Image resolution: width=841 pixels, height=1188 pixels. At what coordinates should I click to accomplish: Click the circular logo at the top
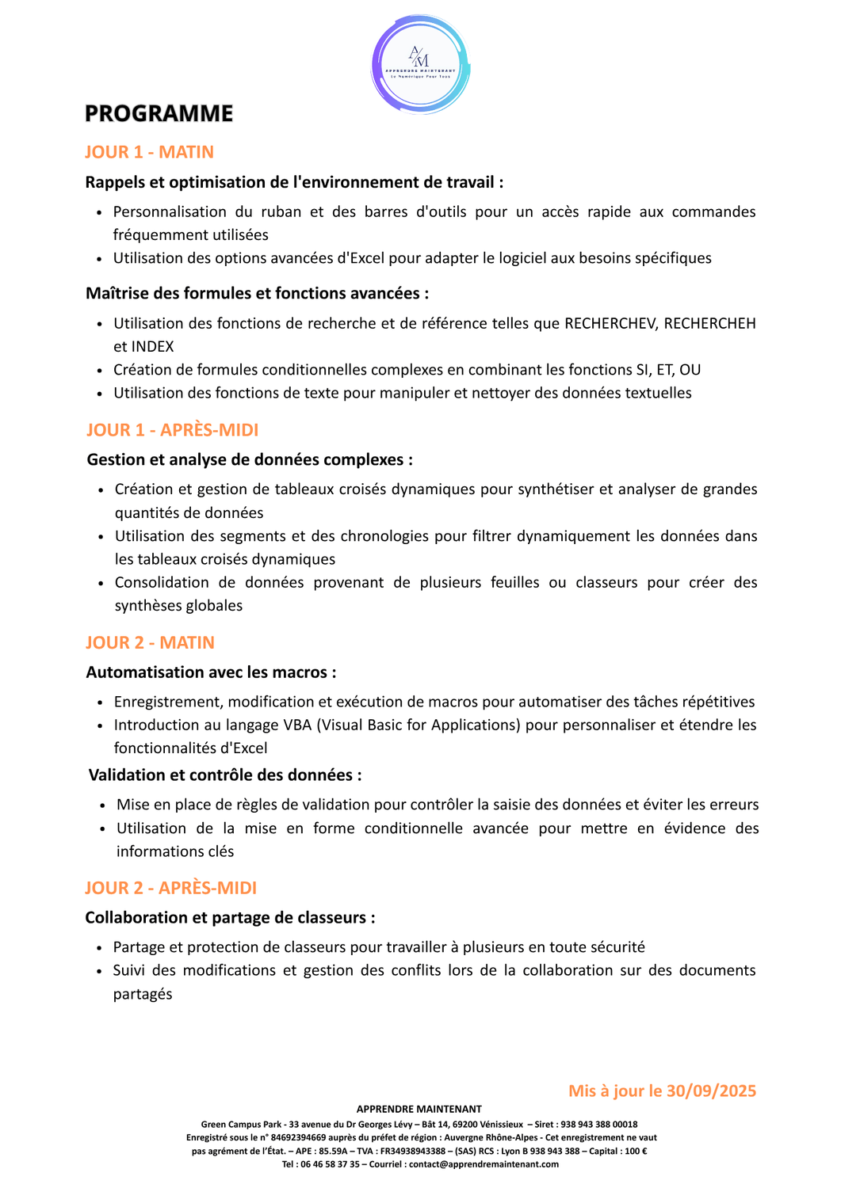click(x=420, y=65)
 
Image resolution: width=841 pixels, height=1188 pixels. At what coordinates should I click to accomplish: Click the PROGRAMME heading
click(x=159, y=114)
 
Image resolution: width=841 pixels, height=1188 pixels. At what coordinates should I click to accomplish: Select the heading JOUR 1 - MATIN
click(x=149, y=152)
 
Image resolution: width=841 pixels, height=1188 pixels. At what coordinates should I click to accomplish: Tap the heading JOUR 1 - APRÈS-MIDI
click(x=172, y=430)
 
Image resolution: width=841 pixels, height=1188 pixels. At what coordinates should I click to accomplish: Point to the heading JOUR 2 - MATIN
click(x=150, y=642)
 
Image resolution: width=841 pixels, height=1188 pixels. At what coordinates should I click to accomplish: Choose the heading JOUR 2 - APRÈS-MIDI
click(x=170, y=888)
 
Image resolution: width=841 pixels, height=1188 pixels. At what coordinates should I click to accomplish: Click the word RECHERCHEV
click(x=610, y=323)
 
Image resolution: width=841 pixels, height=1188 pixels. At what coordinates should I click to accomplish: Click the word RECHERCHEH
click(x=709, y=323)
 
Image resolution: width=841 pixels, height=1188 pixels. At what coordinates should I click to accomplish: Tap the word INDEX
click(x=152, y=346)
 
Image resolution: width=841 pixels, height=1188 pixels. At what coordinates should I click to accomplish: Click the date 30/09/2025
click(x=711, y=1091)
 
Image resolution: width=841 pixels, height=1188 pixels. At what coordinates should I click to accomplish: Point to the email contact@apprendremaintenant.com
click(x=484, y=1164)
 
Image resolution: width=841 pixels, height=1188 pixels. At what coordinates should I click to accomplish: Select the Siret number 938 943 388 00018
click(x=598, y=1124)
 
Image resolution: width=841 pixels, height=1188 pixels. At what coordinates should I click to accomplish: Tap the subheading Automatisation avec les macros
click(x=210, y=672)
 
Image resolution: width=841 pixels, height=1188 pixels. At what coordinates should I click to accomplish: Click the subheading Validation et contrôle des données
click(x=224, y=775)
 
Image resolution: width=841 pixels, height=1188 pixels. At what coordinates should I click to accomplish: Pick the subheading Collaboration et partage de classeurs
click(x=229, y=917)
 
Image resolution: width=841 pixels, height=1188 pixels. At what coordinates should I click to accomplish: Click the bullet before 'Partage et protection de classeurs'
click(x=99, y=948)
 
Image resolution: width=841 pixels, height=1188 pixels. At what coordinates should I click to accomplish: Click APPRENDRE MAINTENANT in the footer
click(x=419, y=1109)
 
